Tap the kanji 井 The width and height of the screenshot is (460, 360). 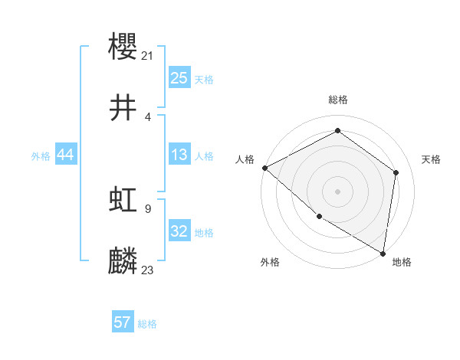click(x=123, y=108)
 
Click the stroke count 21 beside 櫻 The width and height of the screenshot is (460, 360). click(x=148, y=55)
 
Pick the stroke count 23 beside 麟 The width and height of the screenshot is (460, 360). click(x=148, y=270)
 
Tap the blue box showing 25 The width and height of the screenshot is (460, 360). click(x=179, y=77)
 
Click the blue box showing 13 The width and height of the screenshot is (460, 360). click(x=179, y=155)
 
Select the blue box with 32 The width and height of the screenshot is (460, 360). click(x=179, y=231)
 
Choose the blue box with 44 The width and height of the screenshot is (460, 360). click(x=65, y=155)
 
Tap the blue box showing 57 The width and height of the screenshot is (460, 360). click(x=123, y=322)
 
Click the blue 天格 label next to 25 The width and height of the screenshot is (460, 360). click(x=204, y=80)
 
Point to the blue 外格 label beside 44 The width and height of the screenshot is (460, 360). click(x=41, y=156)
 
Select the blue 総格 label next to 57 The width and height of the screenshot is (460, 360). click(x=147, y=324)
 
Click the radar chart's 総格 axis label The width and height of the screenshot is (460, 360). click(x=337, y=100)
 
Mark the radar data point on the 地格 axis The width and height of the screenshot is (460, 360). click(x=383, y=252)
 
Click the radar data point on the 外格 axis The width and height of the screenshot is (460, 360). click(x=319, y=216)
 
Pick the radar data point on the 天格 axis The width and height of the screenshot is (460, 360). click(x=396, y=172)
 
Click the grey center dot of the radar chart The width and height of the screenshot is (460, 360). click(x=337, y=191)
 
